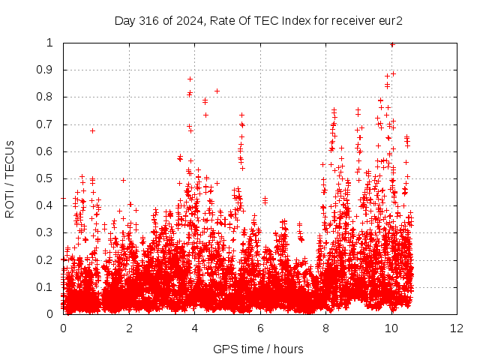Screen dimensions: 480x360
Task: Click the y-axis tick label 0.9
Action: point(45,70)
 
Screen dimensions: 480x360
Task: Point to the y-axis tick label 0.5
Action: point(45,178)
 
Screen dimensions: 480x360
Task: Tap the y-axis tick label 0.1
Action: point(45,287)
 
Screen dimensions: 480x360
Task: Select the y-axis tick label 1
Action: point(49,43)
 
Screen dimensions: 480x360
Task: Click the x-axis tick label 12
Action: point(457,328)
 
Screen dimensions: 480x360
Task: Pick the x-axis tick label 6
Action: point(260,328)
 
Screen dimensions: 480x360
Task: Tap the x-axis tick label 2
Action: point(129,328)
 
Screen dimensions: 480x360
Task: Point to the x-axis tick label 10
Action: point(391,328)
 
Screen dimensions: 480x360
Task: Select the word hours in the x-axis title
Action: point(288,349)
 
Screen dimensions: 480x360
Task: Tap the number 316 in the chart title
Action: point(148,21)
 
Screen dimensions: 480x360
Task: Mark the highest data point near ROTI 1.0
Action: point(392,45)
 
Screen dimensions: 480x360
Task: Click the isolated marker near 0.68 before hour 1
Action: point(92,131)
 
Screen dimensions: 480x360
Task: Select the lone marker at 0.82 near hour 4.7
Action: point(217,91)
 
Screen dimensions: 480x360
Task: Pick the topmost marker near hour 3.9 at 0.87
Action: point(190,79)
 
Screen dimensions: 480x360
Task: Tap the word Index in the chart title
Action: point(296,21)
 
